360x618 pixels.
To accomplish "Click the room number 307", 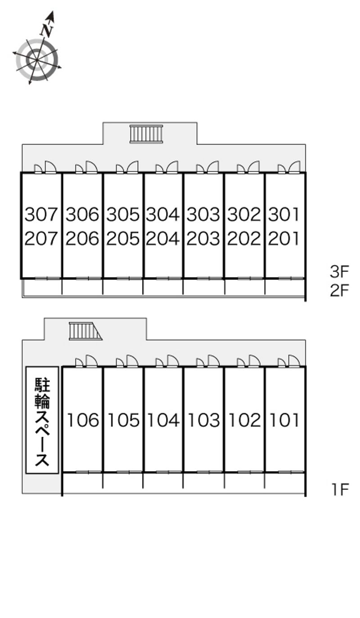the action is [x=41, y=214].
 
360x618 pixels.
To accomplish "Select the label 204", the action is [x=163, y=239].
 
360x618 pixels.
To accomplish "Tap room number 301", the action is [x=283, y=214].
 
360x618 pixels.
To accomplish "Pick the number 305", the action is [x=123, y=214].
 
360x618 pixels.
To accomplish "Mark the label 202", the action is [x=244, y=239].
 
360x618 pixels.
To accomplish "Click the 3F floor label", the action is [x=340, y=271].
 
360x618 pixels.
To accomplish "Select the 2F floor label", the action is [x=340, y=290].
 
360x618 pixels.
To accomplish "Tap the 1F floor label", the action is [x=340, y=489].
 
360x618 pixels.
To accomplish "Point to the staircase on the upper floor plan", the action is [x=146, y=134].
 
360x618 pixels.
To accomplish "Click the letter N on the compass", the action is [x=47, y=30].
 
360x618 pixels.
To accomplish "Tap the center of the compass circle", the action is [x=37, y=60].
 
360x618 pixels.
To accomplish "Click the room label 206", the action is [x=82, y=239].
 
